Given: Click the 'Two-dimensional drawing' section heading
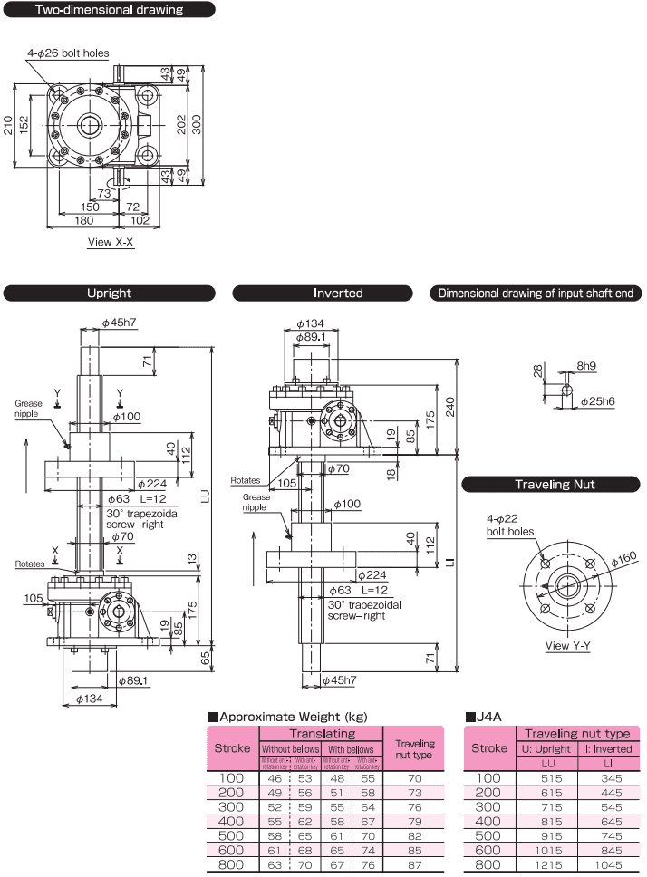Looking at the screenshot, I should click(109, 11).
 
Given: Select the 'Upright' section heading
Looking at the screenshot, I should click(109, 294).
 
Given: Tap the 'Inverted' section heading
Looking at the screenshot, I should click(338, 294).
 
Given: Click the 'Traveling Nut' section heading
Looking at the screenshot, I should click(555, 485).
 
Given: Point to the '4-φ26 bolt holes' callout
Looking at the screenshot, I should click(68, 53).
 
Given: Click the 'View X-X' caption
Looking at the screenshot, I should click(111, 242).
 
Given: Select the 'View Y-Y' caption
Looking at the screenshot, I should click(569, 646).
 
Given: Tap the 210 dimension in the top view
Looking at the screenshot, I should click(9, 125).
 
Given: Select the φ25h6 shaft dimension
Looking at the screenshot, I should click(597, 400).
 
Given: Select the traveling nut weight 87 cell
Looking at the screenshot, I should click(415, 866).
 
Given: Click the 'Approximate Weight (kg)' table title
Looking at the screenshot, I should click(281, 715).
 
